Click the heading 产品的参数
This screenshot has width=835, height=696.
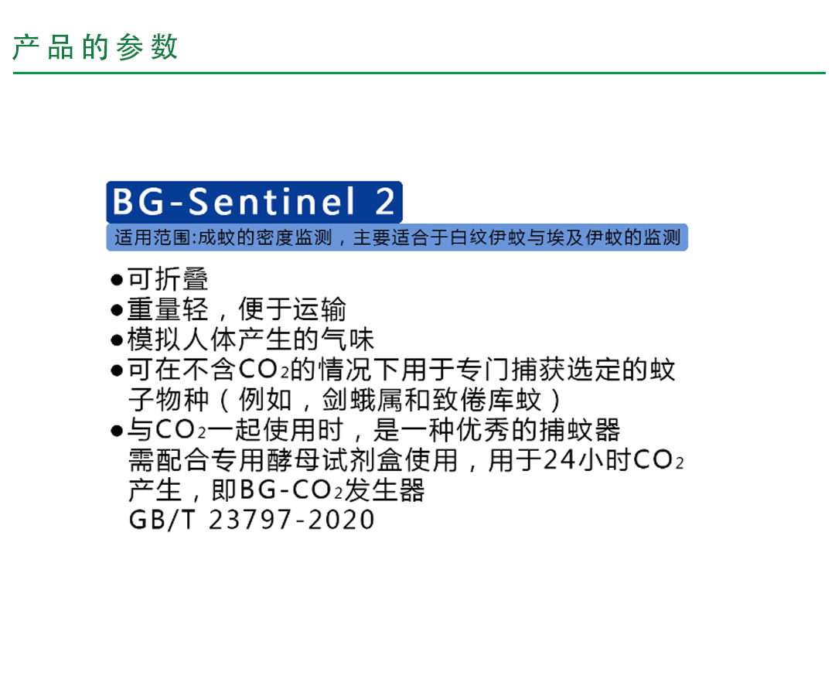[x=95, y=47]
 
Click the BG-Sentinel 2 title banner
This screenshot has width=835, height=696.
[x=254, y=202]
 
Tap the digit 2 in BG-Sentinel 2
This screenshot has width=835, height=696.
[x=384, y=201]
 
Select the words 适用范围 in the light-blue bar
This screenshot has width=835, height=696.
[x=152, y=237]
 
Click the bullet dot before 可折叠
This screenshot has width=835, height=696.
[x=117, y=280]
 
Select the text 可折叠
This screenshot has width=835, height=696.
[x=168, y=278]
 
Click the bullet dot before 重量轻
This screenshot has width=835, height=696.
[x=117, y=310]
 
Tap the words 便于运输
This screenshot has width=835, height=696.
[x=292, y=309]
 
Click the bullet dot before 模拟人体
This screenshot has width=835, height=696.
[x=117, y=340]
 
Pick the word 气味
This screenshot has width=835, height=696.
[x=347, y=339]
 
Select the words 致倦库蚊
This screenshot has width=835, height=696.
[x=487, y=399]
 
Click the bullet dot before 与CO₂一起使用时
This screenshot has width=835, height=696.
[x=117, y=431]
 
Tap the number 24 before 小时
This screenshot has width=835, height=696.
[x=559, y=459]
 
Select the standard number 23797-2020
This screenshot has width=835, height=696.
[x=291, y=520]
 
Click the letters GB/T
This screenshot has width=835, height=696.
[x=162, y=520]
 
